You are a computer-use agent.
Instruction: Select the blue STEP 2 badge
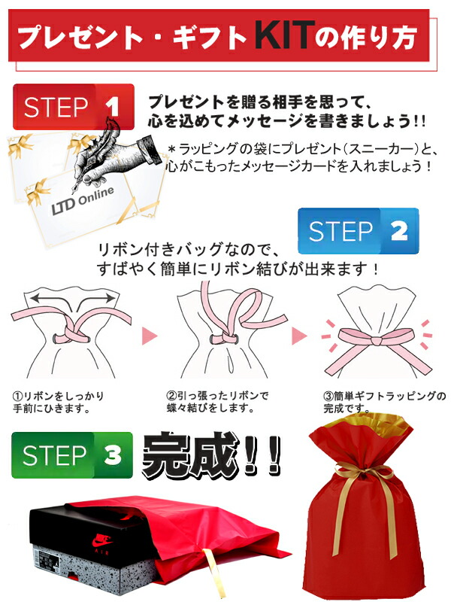(x=356, y=231)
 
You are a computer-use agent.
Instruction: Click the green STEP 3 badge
(x=72, y=455)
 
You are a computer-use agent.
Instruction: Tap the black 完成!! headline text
(x=211, y=453)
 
